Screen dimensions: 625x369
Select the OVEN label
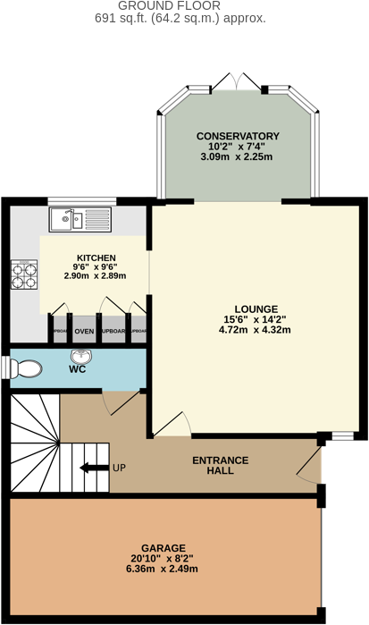click(x=85, y=331)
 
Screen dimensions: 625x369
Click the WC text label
click(x=77, y=369)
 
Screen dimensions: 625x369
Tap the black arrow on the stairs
click(x=91, y=468)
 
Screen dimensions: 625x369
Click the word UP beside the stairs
click(x=120, y=468)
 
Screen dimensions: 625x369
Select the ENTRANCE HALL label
click(x=220, y=465)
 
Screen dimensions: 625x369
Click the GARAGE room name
click(x=163, y=547)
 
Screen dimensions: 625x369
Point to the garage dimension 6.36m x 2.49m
click(x=163, y=569)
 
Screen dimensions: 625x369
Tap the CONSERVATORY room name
click(x=238, y=136)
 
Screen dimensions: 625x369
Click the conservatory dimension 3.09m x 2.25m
click(x=238, y=156)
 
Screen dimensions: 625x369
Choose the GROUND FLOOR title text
click(x=184, y=5)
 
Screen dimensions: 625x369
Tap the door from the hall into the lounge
click(x=172, y=427)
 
